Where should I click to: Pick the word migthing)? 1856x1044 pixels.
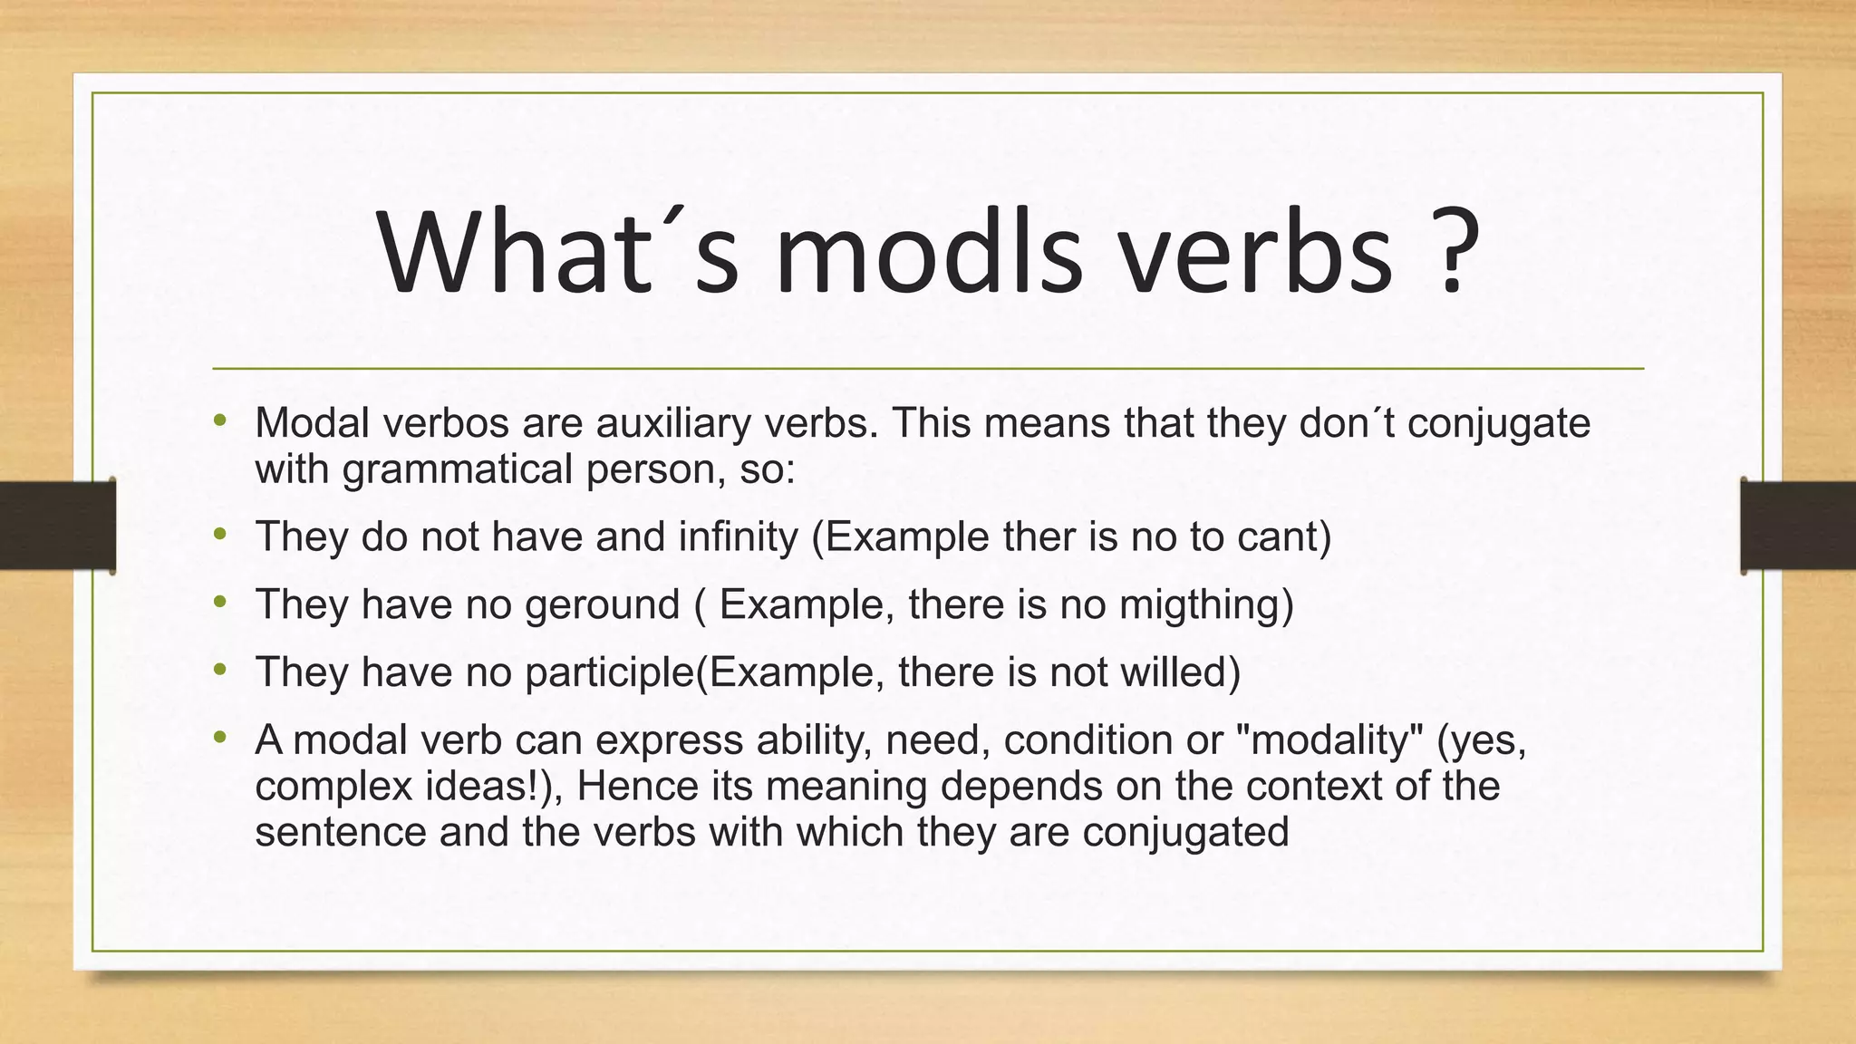[x=1206, y=604]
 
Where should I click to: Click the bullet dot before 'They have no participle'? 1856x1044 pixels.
[x=219, y=671]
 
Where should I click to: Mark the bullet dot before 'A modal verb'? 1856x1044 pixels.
[x=219, y=739]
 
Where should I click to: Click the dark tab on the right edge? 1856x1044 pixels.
[x=1798, y=526]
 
